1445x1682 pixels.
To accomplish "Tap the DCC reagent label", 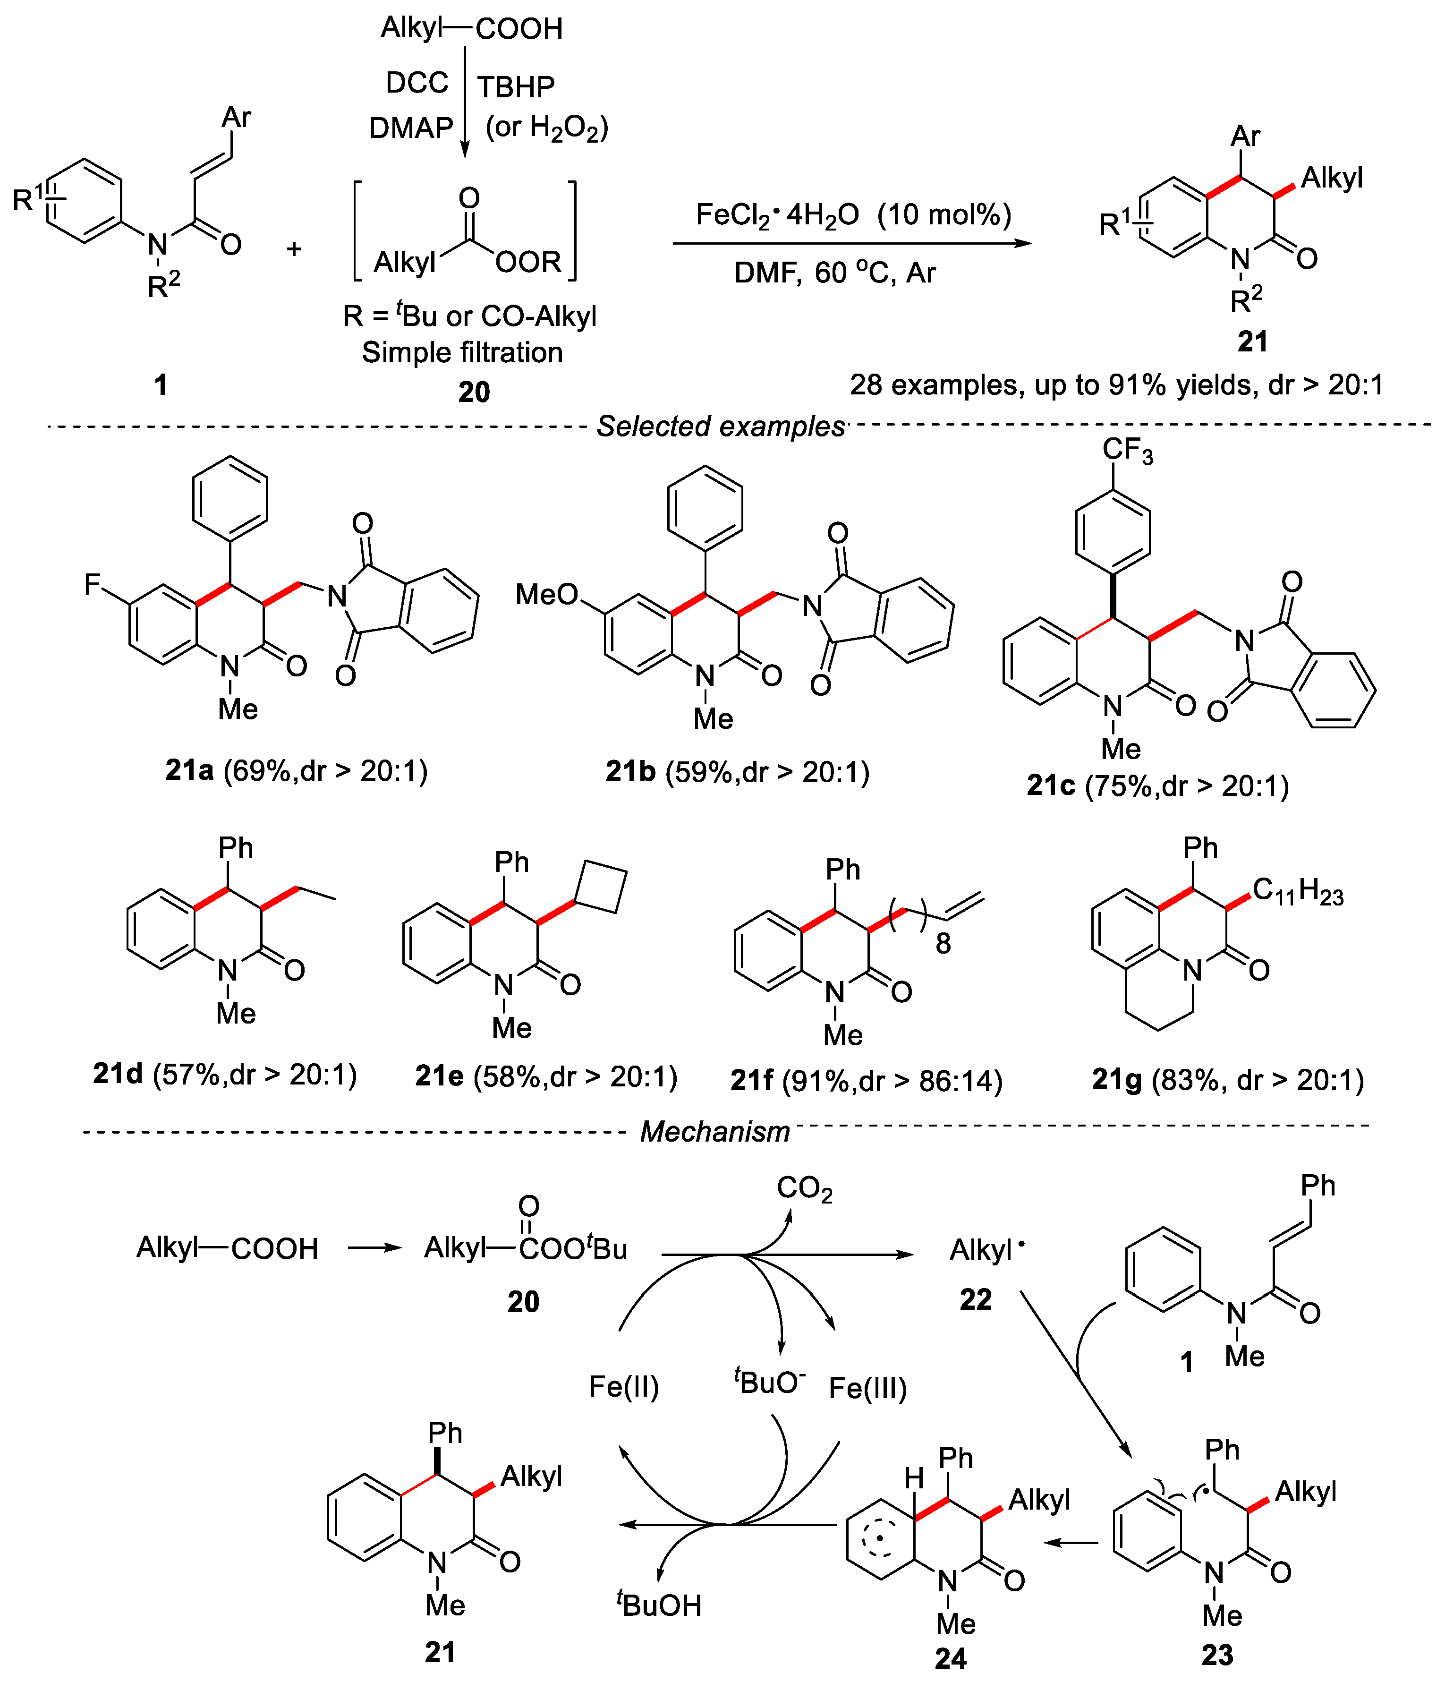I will point(416,83).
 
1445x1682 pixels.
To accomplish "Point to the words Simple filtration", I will point(462,352).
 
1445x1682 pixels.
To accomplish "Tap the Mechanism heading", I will point(714,1131).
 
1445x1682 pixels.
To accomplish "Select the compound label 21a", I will point(189,769).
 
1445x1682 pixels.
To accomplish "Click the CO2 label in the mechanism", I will point(805,1189).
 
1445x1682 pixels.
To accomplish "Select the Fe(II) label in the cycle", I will point(623,1386).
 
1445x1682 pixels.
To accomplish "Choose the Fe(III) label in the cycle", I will point(867,1388).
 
